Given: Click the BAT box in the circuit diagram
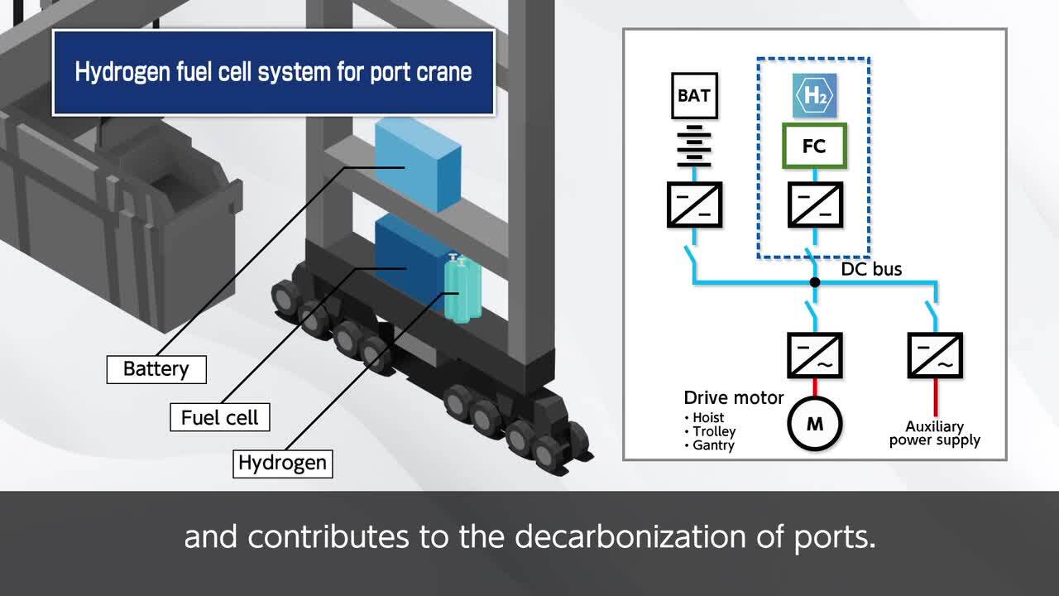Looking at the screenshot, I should pos(693,95).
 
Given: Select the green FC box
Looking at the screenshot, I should pos(814,147).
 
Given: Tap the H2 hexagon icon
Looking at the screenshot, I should pos(814,95).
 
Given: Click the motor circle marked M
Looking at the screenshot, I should pos(815,424).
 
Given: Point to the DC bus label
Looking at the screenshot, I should pos(871,269).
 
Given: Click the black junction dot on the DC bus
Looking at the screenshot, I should pos(815,282).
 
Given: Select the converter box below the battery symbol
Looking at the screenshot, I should pos(694,204).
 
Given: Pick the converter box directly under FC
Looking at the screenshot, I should pos(815,204).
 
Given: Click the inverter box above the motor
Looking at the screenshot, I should pos(815,355).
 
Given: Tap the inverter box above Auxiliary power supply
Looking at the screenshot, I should pos(935,355).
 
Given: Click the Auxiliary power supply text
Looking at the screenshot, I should pos(935,433).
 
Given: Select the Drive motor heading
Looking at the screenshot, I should pos(733,398).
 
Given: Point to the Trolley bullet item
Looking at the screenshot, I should pos(714,431).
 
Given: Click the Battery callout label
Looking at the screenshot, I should pos(156,368).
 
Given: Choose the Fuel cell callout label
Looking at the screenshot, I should pos(219,417).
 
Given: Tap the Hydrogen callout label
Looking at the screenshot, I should pos(282,463).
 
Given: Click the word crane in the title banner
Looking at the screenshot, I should pos(446,72).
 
